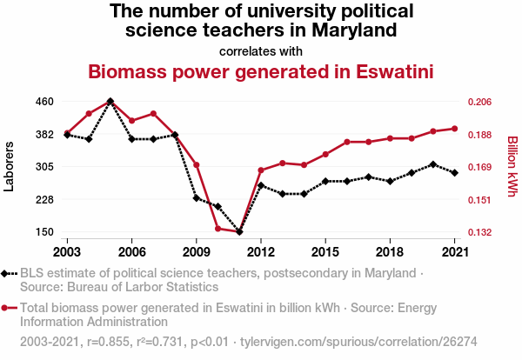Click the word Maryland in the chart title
point(354,31)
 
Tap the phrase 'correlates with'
point(261,51)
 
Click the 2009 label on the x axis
point(196,251)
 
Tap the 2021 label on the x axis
point(454,251)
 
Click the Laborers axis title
point(10,166)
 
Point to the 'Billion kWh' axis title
point(512,166)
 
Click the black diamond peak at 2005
point(110,102)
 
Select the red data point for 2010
point(217,228)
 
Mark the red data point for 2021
point(454,129)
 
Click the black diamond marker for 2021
point(454,173)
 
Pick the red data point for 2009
point(197,165)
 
